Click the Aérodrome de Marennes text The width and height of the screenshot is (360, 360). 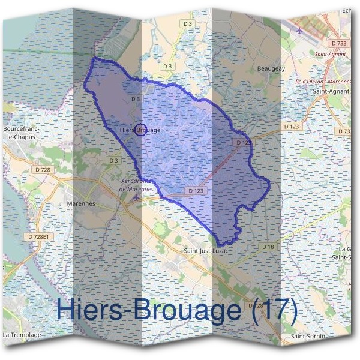(x=137, y=185)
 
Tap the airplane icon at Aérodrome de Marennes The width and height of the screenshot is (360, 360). (x=137, y=196)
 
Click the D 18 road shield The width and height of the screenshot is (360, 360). (x=268, y=247)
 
